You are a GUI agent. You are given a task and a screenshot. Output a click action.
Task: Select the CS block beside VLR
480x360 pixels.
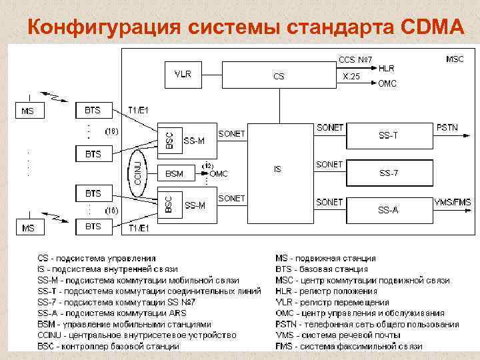(279, 76)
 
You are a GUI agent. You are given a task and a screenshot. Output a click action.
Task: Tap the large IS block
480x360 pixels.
(278, 169)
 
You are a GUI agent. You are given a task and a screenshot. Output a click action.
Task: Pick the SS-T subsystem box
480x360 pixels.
(389, 136)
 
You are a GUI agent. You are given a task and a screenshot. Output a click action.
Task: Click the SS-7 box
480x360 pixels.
(389, 173)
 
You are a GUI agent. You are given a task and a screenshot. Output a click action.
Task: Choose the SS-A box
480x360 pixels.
(389, 210)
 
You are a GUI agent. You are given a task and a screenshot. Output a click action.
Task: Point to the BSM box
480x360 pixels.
(174, 174)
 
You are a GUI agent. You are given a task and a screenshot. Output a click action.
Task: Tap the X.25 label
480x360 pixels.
(351, 77)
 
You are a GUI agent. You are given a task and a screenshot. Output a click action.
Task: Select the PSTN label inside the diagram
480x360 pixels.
(447, 127)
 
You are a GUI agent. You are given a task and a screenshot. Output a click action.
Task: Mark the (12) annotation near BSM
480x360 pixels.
(208, 165)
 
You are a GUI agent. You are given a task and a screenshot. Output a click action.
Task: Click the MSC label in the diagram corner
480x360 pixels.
(455, 59)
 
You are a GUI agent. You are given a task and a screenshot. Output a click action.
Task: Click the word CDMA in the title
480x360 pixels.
(433, 28)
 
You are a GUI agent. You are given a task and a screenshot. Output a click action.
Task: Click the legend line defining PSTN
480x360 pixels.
(367, 325)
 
